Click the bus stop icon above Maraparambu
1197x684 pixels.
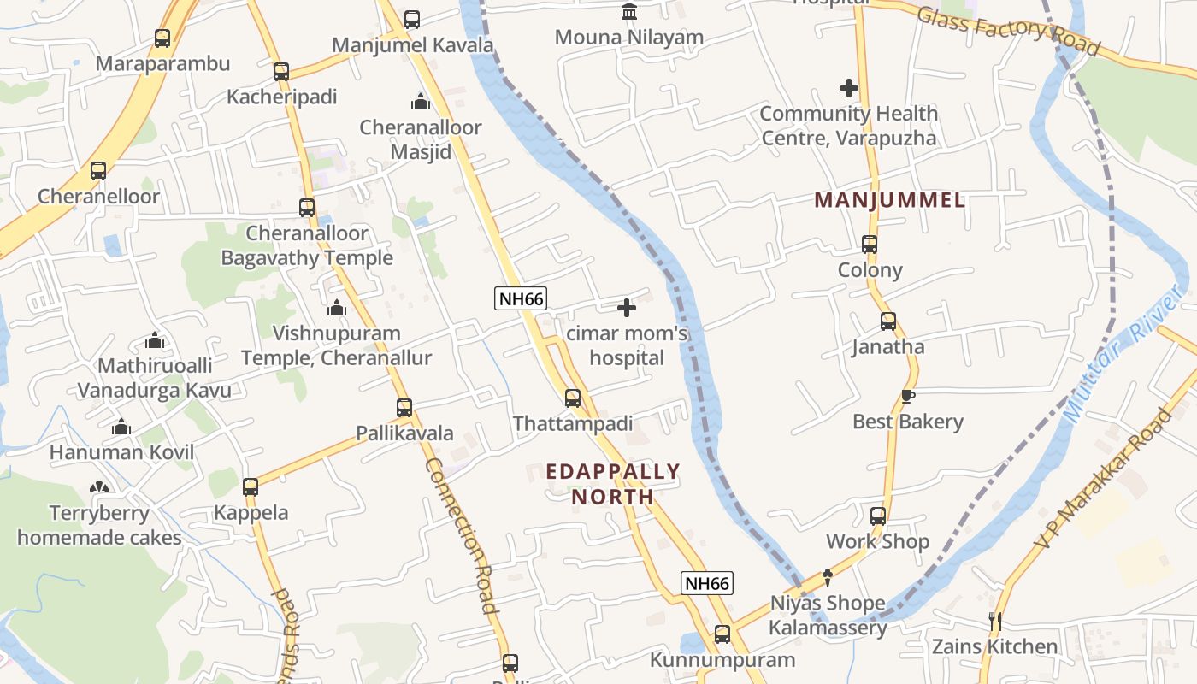(x=162, y=38)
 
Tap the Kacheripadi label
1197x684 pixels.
(x=281, y=97)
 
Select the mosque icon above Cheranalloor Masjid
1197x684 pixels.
(x=421, y=103)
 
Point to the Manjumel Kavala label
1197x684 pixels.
(x=413, y=45)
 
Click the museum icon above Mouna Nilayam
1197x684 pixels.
(x=629, y=12)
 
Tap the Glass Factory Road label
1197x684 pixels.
(x=1007, y=30)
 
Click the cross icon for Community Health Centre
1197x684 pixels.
(x=848, y=88)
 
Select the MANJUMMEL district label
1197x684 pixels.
(x=889, y=201)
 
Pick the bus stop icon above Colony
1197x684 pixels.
(x=870, y=245)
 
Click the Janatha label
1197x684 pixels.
(x=887, y=347)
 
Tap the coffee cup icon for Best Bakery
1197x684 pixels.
(x=907, y=397)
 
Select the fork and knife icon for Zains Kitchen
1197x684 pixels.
(x=994, y=622)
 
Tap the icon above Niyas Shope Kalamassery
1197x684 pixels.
(x=827, y=578)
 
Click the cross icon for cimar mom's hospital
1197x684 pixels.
(x=627, y=308)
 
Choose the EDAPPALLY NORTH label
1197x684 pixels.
(x=612, y=484)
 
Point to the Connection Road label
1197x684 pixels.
(x=461, y=537)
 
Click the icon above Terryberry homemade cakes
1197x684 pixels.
(x=99, y=488)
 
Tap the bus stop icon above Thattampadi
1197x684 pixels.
(x=573, y=398)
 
